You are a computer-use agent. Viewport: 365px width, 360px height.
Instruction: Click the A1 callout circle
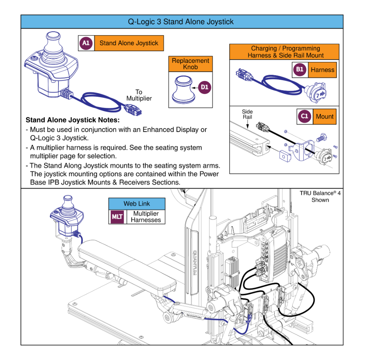point(86,43)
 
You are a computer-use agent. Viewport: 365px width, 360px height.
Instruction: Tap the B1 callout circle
point(300,70)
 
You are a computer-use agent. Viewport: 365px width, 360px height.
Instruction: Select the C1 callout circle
point(305,117)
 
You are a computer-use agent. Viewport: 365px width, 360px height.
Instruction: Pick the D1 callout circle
point(205,87)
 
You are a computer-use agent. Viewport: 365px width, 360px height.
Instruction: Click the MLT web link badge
point(117,217)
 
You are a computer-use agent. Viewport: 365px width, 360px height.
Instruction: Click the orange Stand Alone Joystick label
point(129,43)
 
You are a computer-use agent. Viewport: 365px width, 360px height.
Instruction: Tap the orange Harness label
point(322,70)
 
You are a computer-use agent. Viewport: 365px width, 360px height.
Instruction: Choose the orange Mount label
point(325,117)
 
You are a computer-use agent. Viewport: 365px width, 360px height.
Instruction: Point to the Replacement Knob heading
point(190,64)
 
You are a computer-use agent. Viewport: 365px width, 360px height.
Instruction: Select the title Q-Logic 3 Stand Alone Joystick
point(181,22)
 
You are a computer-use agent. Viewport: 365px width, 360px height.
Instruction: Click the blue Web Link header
point(137,204)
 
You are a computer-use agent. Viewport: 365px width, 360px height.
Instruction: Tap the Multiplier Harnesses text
point(146,217)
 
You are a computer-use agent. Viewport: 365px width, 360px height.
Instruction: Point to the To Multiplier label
point(139,96)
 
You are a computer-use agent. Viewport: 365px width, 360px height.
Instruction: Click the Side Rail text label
point(247,114)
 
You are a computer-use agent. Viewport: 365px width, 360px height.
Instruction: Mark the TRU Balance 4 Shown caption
point(320,196)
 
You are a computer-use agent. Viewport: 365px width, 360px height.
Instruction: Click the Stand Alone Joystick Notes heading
point(72,120)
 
